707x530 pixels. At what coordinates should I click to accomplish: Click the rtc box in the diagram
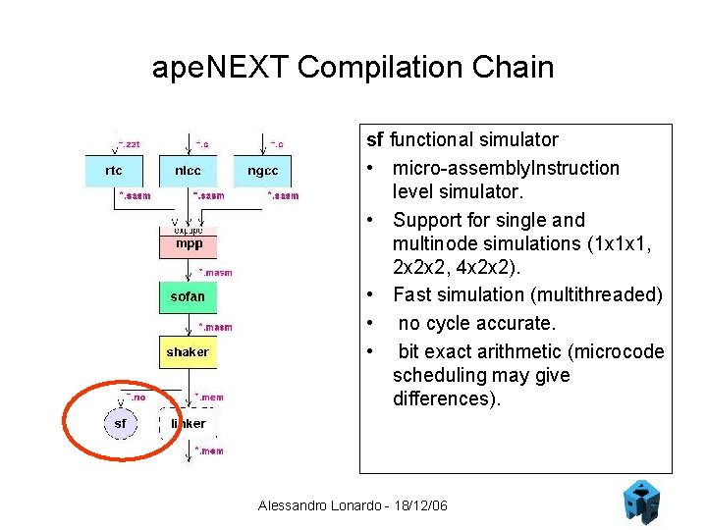[114, 171]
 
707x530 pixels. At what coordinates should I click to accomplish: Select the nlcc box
[188, 171]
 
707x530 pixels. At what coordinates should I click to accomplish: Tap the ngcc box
[262, 171]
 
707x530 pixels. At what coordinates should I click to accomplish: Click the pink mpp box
[188, 242]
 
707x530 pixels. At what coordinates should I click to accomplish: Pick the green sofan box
[188, 296]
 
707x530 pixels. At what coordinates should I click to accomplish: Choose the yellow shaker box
[188, 351]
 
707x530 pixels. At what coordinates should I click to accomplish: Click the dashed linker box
[190, 424]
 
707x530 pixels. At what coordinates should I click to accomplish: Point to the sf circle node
[120, 424]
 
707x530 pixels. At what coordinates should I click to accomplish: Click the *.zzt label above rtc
[129, 143]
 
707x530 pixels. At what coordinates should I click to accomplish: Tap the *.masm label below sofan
[216, 327]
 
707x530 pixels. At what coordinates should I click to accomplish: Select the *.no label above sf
[136, 397]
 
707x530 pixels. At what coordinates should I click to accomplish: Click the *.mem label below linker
[209, 450]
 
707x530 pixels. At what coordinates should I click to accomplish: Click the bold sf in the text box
[375, 140]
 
